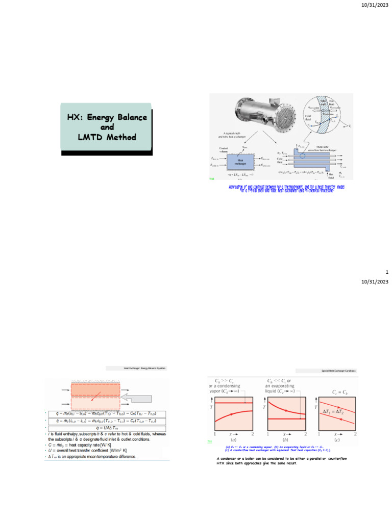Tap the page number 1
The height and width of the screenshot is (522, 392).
tap(387, 272)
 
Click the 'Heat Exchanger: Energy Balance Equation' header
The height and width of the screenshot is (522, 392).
tap(145, 368)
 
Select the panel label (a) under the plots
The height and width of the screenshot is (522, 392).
tap(233, 439)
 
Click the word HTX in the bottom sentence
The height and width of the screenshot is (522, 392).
tap(216, 463)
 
